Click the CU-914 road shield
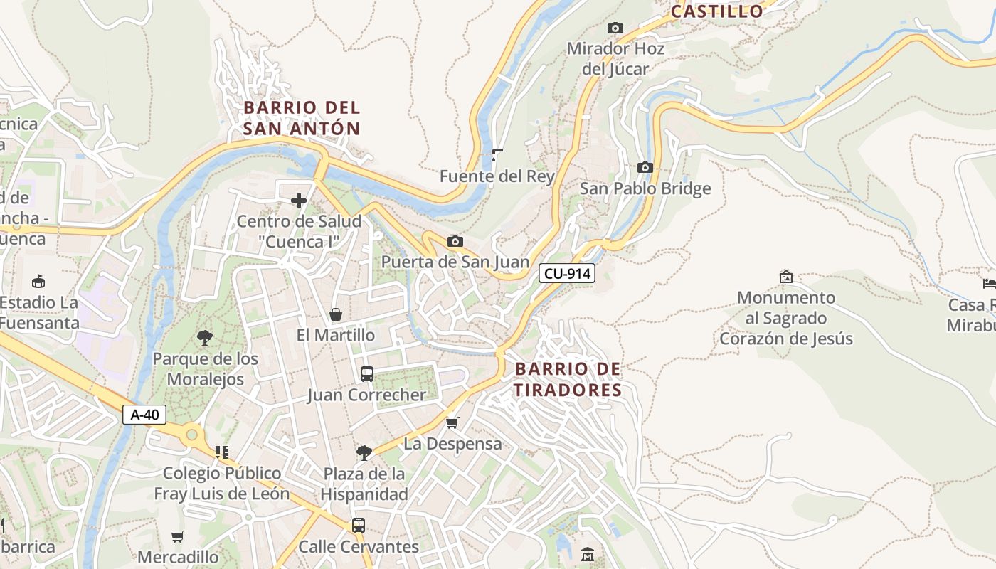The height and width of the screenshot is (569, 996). pyautogui.click(x=566, y=273)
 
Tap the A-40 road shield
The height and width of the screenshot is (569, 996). pyautogui.click(x=144, y=415)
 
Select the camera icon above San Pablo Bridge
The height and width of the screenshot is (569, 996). pyautogui.click(x=645, y=168)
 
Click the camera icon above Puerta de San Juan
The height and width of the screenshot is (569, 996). pyautogui.click(x=455, y=242)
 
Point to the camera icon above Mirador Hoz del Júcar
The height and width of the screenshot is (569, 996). pyautogui.click(x=615, y=28)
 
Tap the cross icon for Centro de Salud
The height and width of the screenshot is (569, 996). pyautogui.click(x=299, y=201)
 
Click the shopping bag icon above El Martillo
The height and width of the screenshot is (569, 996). pyautogui.click(x=335, y=314)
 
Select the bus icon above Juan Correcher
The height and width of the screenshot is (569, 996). pyautogui.click(x=367, y=374)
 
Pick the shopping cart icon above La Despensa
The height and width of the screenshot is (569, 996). pyautogui.click(x=452, y=423)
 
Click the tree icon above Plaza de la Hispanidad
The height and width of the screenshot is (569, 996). pyautogui.click(x=364, y=452)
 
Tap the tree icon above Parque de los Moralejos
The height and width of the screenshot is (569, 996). pyautogui.click(x=205, y=338)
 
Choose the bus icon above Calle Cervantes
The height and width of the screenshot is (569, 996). pyautogui.click(x=359, y=526)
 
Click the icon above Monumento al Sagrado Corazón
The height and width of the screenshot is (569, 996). pyautogui.click(x=786, y=277)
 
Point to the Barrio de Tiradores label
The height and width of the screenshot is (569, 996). pyautogui.click(x=568, y=380)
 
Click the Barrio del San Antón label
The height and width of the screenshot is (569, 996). pyautogui.click(x=302, y=118)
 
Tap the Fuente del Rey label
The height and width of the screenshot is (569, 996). pyautogui.click(x=497, y=176)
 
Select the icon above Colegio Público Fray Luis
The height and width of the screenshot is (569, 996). pyautogui.click(x=221, y=452)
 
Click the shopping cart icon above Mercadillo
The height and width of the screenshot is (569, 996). pyautogui.click(x=177, y=536)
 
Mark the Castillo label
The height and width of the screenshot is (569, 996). pyautogui.click(x=716, y=11)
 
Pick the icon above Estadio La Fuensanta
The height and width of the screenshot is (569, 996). pyautogui.click(x=38, y=281)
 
